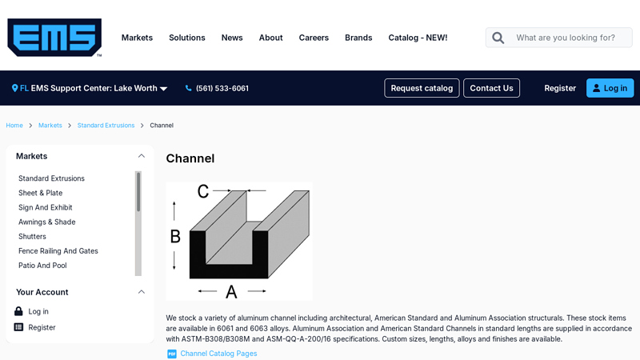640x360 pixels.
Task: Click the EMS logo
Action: coord(54,37)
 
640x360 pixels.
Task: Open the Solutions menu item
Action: coord(187,38)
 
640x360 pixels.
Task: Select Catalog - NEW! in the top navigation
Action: coord(418,38)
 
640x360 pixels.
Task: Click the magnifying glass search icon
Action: coord(498,38)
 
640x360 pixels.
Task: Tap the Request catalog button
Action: coord(422,88)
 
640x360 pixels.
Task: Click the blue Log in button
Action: coord(610,88)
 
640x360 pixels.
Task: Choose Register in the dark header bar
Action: coord(560,88)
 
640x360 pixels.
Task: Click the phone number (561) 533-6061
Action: coord(222,88)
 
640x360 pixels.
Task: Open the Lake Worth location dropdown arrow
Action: coord(164,89)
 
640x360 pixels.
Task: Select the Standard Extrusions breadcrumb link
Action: coord(106,126)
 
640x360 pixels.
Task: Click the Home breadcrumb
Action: coord(14,126)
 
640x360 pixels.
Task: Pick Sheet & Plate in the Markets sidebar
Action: coord(41,193)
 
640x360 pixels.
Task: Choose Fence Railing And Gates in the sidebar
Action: coord(58,251)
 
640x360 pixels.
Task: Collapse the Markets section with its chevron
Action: coord(142,156)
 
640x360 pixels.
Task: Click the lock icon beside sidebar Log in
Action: coord(18,311)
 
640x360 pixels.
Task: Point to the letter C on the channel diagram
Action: coord(203,191)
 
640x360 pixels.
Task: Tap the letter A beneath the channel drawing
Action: coord(231,291)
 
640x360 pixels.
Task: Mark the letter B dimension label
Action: coord(175,236)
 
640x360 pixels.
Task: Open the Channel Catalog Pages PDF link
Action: coord(218,354)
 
